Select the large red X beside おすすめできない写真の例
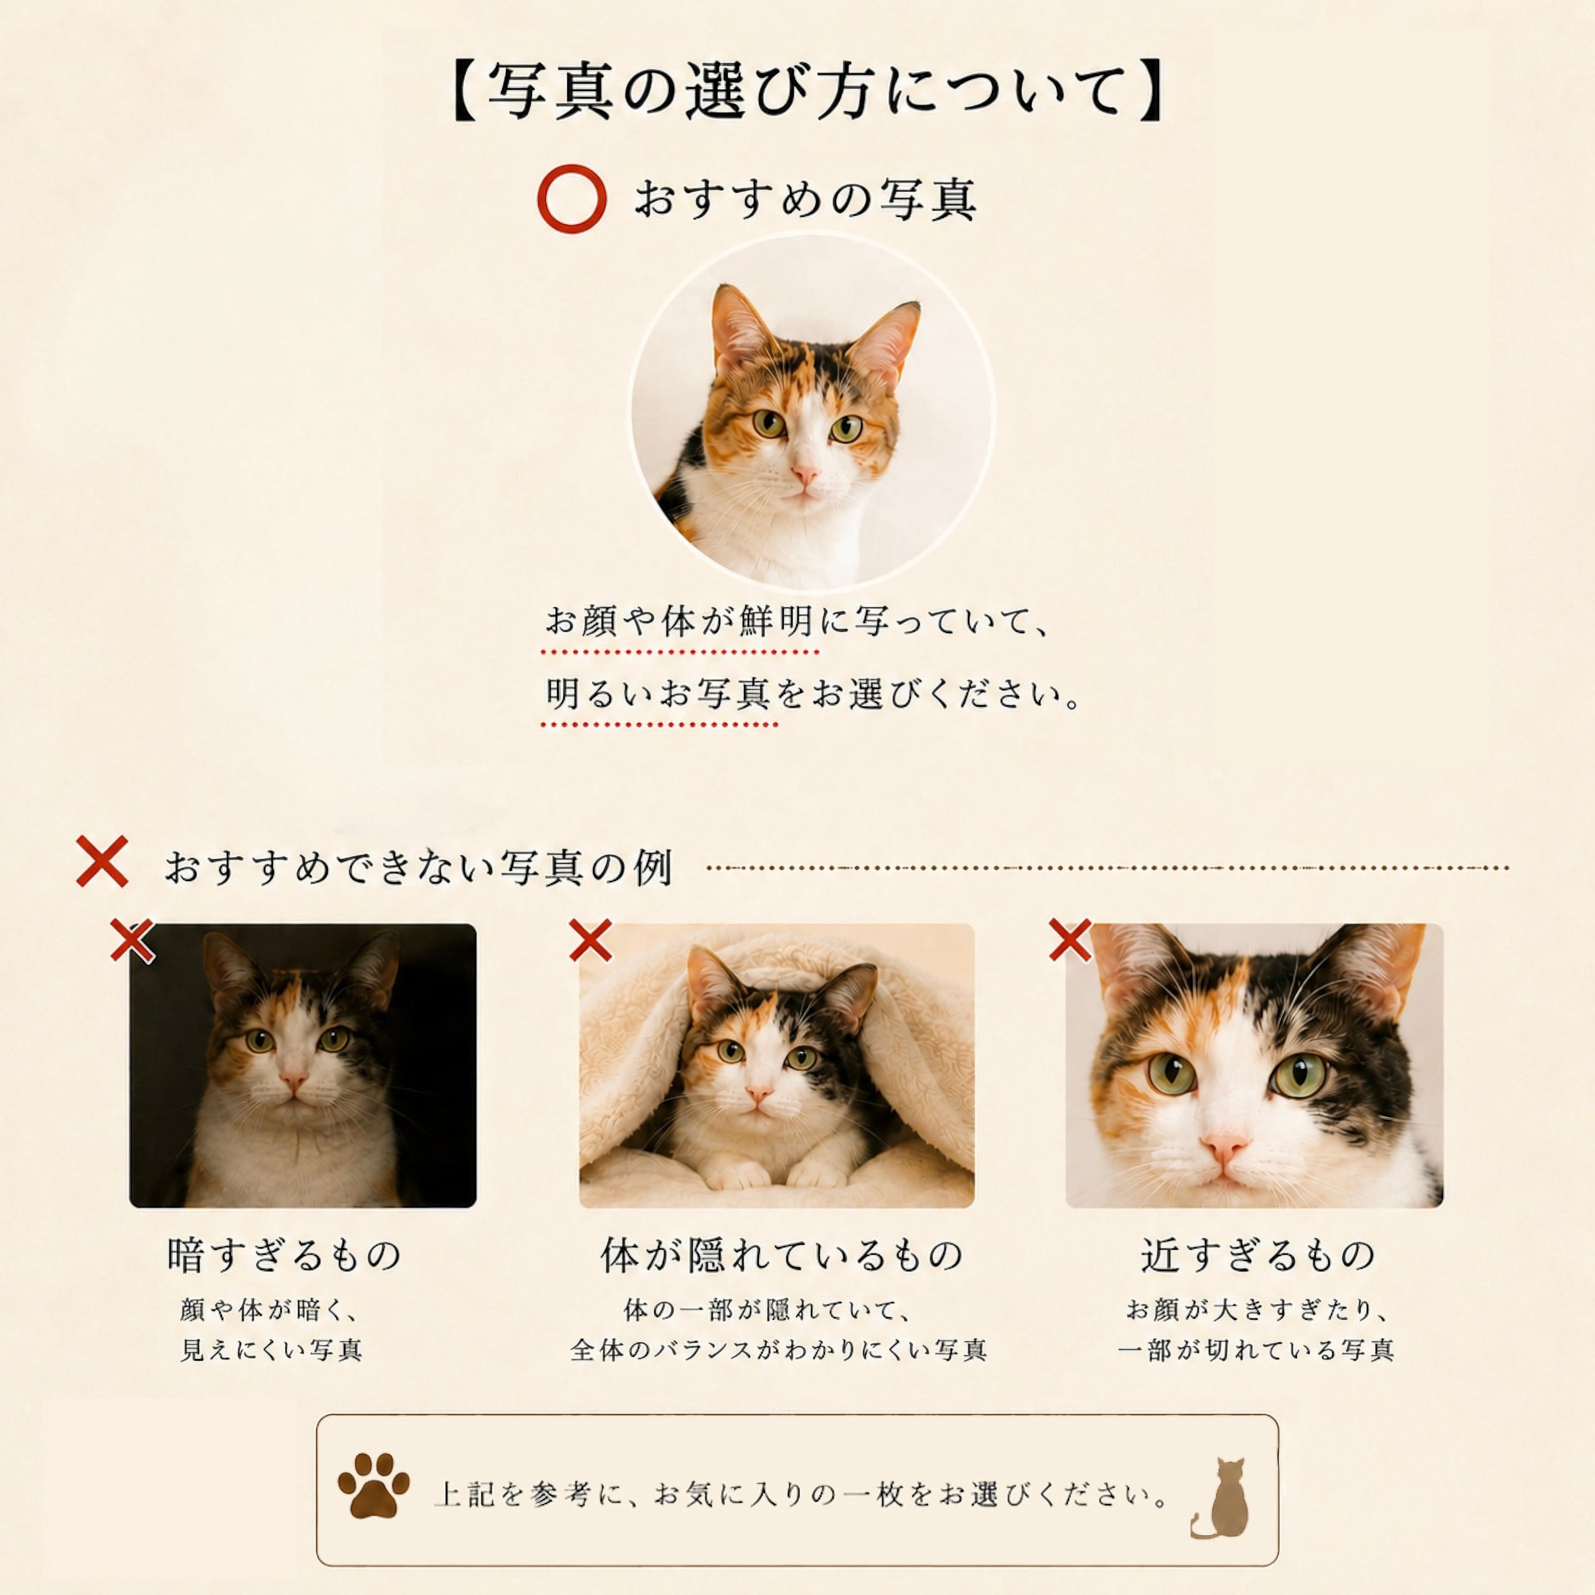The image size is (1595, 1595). point(102,861)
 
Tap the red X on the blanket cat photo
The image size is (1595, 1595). point(590,940)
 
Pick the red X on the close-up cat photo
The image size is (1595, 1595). point(1070,940)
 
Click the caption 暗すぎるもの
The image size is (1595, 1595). point(284,1255)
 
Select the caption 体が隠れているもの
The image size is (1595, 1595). point(781,1255)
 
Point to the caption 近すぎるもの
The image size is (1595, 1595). point(1257,1255)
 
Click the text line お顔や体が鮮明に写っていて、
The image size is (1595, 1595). point(797,621)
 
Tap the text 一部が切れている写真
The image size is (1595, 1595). point(1255,1351)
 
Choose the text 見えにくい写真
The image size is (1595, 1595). point(272,1351)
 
